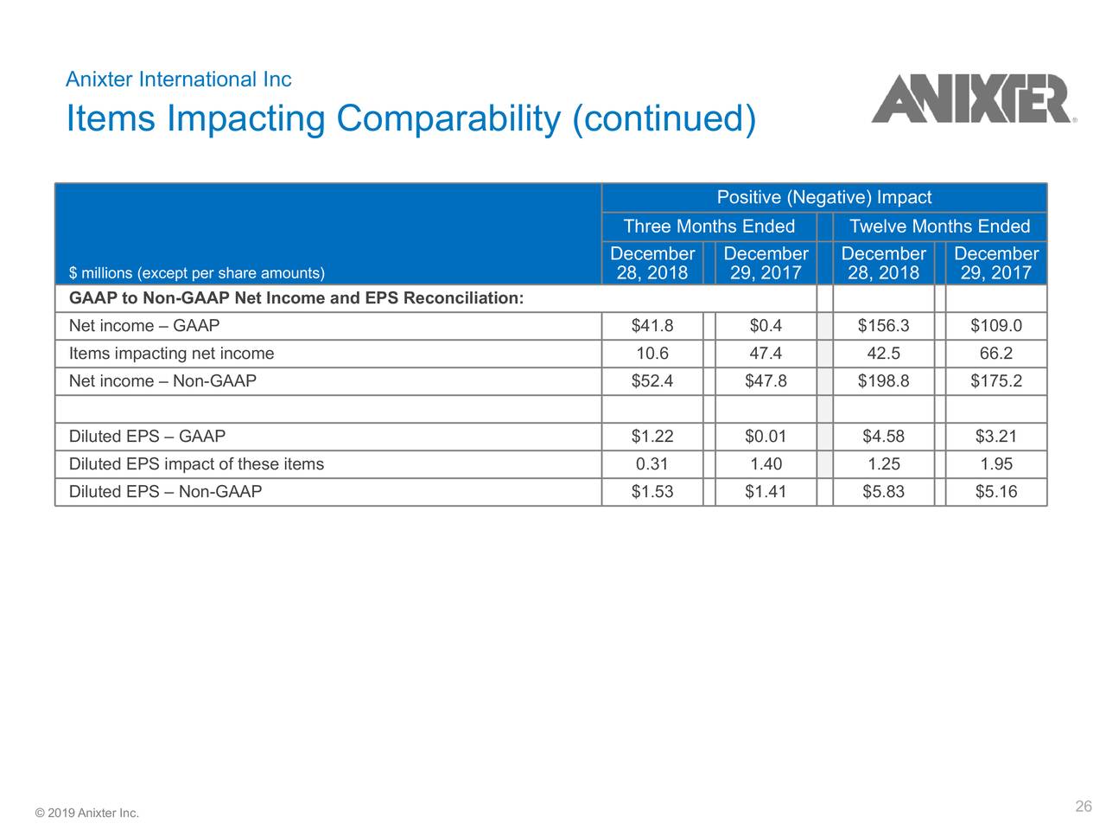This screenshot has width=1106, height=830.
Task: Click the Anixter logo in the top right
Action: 972,99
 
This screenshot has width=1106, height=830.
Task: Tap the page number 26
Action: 1084,807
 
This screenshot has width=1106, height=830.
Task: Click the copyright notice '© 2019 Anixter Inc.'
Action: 86,814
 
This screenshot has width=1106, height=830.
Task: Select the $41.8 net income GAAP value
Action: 652,326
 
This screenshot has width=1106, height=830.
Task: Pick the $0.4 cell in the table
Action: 766,326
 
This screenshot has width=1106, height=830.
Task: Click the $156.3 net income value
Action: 883,326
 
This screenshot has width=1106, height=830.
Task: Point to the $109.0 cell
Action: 996,326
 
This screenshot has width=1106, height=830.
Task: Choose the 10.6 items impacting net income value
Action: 652,354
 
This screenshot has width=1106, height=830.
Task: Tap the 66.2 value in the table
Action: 996,354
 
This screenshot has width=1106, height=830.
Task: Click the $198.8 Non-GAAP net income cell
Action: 883,381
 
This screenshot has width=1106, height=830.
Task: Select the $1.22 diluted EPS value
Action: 652,437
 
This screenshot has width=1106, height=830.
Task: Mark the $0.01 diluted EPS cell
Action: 766,437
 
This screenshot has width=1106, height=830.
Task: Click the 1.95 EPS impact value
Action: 996,464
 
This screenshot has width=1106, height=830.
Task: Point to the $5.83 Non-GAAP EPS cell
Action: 883,492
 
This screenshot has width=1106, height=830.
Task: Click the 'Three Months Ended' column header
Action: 709,227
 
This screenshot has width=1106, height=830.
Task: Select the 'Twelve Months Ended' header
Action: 939,227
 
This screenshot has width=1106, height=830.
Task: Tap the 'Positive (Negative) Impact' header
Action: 824,198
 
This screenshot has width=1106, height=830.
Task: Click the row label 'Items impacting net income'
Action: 171,354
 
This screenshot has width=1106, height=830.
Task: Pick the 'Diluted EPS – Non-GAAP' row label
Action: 165,492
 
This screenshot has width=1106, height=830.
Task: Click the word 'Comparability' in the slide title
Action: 448,119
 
